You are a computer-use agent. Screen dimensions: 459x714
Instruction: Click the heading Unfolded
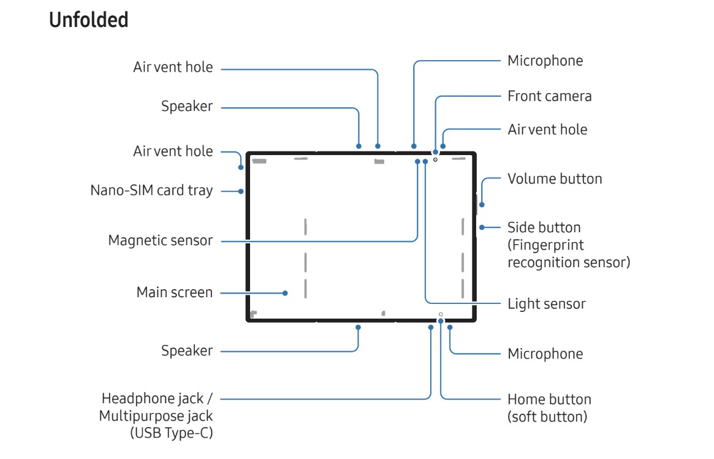[x=88, y=20]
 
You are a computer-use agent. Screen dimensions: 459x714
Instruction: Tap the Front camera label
[x=549, y=96]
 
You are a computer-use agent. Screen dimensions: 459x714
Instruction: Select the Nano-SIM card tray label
[x=151, y=191]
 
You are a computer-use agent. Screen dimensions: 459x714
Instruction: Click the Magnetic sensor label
[x=160, y=240]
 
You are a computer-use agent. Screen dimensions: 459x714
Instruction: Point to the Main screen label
[x=174, y=292]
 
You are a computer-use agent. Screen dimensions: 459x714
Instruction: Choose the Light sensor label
[x=546, y=303]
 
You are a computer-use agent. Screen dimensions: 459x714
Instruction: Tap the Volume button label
[x=555, y=179]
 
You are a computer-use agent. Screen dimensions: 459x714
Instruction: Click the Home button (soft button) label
[x=549, y=408]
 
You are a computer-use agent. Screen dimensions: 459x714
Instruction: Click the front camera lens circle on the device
[x=435, y=159]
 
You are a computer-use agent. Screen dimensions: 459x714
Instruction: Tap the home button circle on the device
[x=441, y=314]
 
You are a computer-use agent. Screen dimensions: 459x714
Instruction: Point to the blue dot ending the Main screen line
[x=285, y=293]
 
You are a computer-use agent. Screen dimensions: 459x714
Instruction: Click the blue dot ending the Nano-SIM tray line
[x=241, y=191]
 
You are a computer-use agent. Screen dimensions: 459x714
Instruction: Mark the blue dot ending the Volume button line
[x=481, y=205]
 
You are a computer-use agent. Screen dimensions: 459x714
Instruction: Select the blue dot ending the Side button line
[x=482, y=227]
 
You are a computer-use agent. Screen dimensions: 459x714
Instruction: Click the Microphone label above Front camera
[x=545, y=61]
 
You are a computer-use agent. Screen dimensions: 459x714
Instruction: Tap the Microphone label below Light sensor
[x=545, y=354]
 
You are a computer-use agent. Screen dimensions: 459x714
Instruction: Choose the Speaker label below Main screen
[x=187, y=351]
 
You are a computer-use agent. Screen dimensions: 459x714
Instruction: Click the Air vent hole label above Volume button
[x=547, y=129]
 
